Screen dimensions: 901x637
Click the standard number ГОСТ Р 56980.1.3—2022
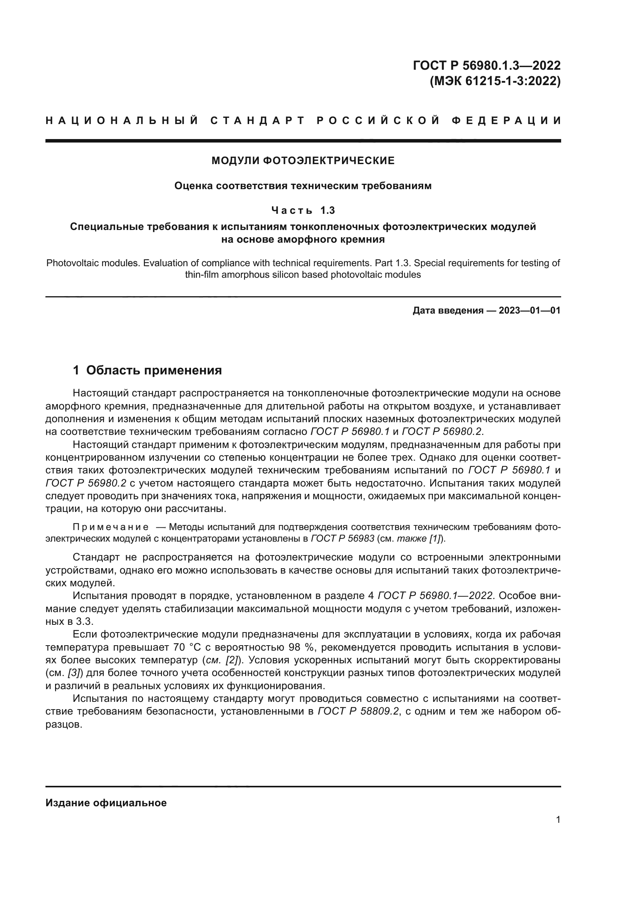coord(486,65)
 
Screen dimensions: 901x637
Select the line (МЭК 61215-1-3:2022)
coord(495,81)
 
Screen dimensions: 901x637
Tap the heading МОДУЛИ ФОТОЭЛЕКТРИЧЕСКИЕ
coord(303,161)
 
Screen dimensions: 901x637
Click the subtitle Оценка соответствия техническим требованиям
coord(303,186)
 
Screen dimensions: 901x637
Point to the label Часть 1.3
coord(303,211)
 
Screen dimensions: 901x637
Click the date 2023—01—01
coord(530,311)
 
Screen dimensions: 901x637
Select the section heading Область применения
coord(154,370)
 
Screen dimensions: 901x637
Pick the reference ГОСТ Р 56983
coord(342,539)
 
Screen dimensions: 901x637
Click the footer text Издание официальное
coord(106,803)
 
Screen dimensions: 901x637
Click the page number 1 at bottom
coord(558,820)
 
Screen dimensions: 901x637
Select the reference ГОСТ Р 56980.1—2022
coord(435,596)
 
